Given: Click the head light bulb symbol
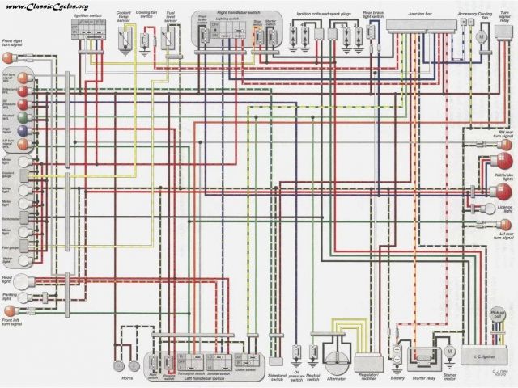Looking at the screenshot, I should [x=11, y=282].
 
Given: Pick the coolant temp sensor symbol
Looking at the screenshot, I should [x=124, y=37].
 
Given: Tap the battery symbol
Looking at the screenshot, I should [x=397, y=352].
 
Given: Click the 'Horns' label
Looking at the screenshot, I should [x=126, y=377].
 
